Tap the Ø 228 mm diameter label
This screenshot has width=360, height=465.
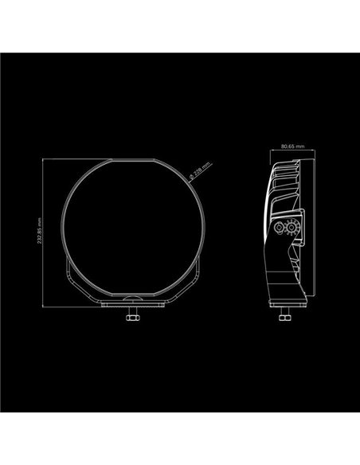click(198, 170)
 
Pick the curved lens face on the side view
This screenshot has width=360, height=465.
click(264, 231)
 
